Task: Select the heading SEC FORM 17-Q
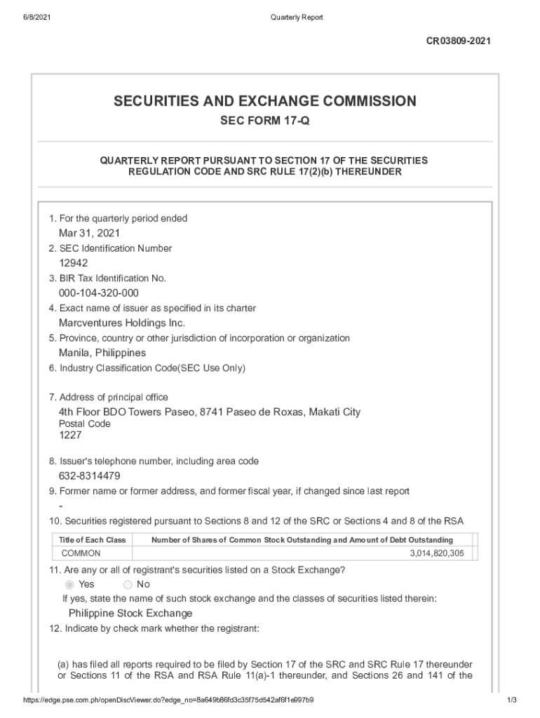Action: click(x=264, y=121)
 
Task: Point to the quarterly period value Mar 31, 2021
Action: click(x=89, y=233)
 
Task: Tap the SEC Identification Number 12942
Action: click(x=74, y=263)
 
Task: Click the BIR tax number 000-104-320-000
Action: click(x=99, y=293)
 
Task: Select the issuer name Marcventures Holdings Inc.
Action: click(x=122, y=323)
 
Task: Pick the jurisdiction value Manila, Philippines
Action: click(x=102, y=353)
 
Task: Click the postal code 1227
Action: click(x=70, y=435)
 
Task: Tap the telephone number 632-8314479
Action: click(x=90, y=476)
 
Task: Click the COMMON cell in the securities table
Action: click(x=81, y=553)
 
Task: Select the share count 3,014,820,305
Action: click(x=436, y=553)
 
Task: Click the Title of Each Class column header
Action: click(x=92, y=540)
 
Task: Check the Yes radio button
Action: click(x=69, y=585)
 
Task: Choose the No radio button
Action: click(x=128, y=585)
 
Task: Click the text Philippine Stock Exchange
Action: click(x=130, y=614)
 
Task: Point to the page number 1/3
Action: click(x=512, y=700)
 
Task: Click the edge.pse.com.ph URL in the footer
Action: click(x=168, y=700)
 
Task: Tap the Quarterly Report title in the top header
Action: click(x=297, y=17)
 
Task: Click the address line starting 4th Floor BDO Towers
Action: click(x=210, y=412)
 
